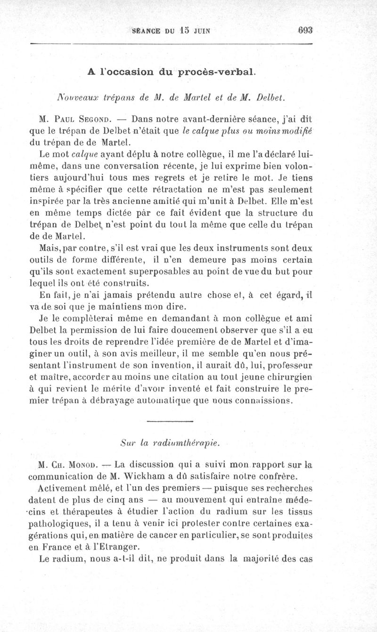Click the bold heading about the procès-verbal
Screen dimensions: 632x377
pos(172,73)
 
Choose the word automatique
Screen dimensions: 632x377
pos(146,400)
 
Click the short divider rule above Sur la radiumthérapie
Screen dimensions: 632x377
pos(170,421)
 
